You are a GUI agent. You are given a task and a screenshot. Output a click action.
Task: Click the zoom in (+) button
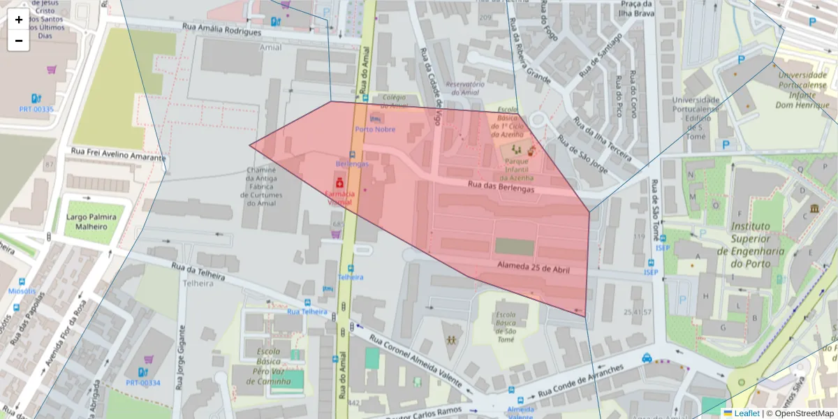18,20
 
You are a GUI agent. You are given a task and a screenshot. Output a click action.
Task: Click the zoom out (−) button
18,41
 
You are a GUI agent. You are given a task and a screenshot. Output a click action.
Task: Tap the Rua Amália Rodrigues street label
221,29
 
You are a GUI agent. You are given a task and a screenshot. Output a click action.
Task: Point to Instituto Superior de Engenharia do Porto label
757,244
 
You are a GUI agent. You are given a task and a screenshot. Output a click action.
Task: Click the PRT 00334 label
143,383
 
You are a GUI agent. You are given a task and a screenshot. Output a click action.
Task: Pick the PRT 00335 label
36,109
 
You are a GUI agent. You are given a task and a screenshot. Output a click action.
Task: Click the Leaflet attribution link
746,413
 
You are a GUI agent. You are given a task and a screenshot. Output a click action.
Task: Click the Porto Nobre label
375,129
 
